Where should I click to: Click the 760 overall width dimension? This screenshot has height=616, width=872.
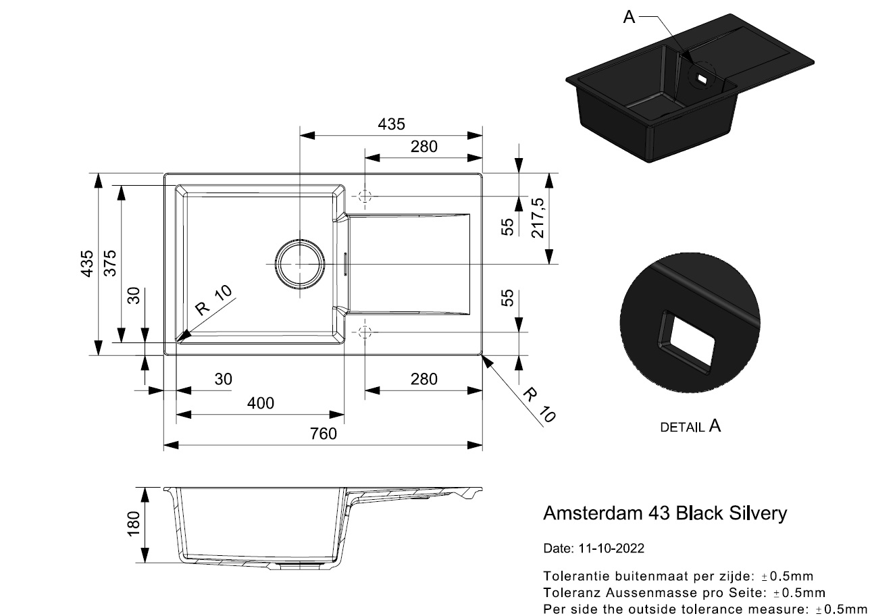pos(323,434)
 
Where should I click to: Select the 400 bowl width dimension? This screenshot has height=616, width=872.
pos(261,403)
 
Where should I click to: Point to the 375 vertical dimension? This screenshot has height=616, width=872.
pos(110,263)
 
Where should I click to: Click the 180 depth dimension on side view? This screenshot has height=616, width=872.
pos(134,524)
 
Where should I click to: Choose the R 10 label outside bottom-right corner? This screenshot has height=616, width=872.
pos(539,405)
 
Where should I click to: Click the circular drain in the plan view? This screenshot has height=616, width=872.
pos(299,264)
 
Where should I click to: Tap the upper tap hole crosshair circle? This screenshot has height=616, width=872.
pos(364,197)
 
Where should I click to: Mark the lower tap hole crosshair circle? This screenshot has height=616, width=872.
pos(364,332)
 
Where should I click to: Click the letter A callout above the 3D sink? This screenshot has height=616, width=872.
pos(629,17)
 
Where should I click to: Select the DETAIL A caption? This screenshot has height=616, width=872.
pos(690,426)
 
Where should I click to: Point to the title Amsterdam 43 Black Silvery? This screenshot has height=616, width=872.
pos(665,513)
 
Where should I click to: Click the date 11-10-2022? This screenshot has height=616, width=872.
pos(611,548)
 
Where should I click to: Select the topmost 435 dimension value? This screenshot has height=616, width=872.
pos(391,124)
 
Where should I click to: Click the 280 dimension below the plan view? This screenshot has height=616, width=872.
pos(424,379)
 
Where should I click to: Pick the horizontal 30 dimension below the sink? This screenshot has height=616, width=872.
pos(223,379)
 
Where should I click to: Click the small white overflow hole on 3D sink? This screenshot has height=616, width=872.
pos(702,79)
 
